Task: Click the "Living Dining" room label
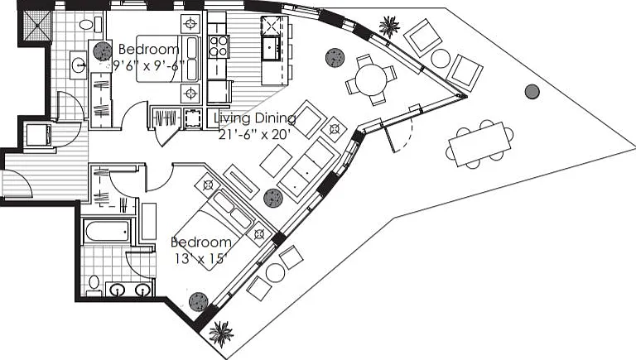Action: coord(255,118)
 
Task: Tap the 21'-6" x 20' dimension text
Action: coord(255,134)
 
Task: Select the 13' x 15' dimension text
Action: coord(199,258)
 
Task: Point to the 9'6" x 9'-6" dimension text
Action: coord(148,65)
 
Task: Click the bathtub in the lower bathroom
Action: coord(107,232)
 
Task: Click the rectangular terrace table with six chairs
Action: coord(479,144)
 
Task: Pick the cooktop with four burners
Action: coord(219,46)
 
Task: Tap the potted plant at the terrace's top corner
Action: coord(390,26)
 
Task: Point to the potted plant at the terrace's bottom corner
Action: coord(221,334)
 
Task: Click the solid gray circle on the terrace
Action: coord(532,92)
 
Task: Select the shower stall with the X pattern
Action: coord(37,25)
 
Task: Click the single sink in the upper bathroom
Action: coord(78,64)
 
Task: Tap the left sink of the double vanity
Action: coord(118,290)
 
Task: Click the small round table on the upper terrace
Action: coord(441,58)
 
